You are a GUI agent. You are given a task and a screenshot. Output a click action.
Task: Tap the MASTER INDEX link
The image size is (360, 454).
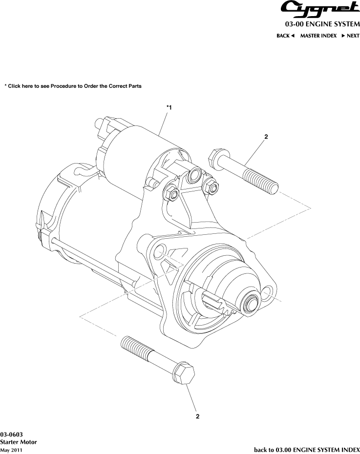pyautogui.click(x=318, y=36)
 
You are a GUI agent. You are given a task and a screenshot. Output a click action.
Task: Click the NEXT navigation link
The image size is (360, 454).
pyautogui.click(x=350, y=36)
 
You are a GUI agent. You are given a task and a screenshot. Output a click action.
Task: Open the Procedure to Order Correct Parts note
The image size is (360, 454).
pyautogui.click(x=73, y=86)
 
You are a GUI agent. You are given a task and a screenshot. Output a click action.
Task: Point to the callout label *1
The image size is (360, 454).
pyautogui.click(x=169, y=107)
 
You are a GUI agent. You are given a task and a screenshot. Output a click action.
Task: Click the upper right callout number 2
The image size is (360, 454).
pyautogui.click(x=266, y=137)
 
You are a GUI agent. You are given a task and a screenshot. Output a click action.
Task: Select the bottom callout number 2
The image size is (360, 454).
pyautogui.click(x=197, y=416)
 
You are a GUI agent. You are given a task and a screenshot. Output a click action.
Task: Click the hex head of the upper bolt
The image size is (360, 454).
pyautogui.click(x=216, y=160)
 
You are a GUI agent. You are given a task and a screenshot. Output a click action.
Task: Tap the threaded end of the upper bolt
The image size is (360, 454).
pyautogui.click(x=264, y=182)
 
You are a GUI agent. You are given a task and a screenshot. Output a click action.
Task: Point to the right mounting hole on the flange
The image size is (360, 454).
pyautogui.click(x=268, y=293)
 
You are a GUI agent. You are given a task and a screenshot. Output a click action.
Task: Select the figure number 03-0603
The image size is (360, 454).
pyautogui.click(x=11, y=434)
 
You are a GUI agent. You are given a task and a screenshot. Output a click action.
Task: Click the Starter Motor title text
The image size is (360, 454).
pyautogui.click(x=19, y=442)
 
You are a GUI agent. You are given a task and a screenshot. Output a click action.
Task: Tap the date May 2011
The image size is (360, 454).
pyautogui.click(x=11, y=450)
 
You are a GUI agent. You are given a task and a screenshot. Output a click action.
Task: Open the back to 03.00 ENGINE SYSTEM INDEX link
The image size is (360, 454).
pyautogui.click(x=307, y=449)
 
